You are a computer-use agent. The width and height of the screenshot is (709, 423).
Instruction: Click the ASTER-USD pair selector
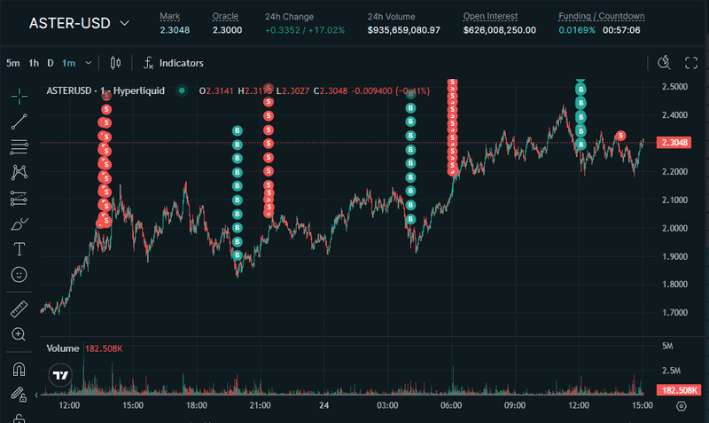tap(78, 23)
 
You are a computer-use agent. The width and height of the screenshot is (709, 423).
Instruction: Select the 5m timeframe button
tap(13, 63)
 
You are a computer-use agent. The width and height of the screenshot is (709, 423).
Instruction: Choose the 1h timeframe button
tap(34, 63)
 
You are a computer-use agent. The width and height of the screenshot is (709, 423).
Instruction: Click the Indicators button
tap(174, 63)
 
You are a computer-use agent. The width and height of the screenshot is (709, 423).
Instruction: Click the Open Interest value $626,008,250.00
tap(499, 30)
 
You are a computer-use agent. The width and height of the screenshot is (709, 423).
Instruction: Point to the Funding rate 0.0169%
tap(576, 30)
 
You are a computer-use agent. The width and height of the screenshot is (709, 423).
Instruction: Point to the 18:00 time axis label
tap(197, 405)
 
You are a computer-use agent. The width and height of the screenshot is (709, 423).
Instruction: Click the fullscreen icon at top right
tap(692, 62)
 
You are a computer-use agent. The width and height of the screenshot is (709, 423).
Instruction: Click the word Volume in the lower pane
tap(63, 349)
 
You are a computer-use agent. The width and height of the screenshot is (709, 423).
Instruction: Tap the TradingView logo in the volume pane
tap(60, 375)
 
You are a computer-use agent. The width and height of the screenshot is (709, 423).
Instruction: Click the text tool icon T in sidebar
tap(19, 248)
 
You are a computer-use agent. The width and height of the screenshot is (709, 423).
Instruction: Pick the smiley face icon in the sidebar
tap(19, 275)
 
